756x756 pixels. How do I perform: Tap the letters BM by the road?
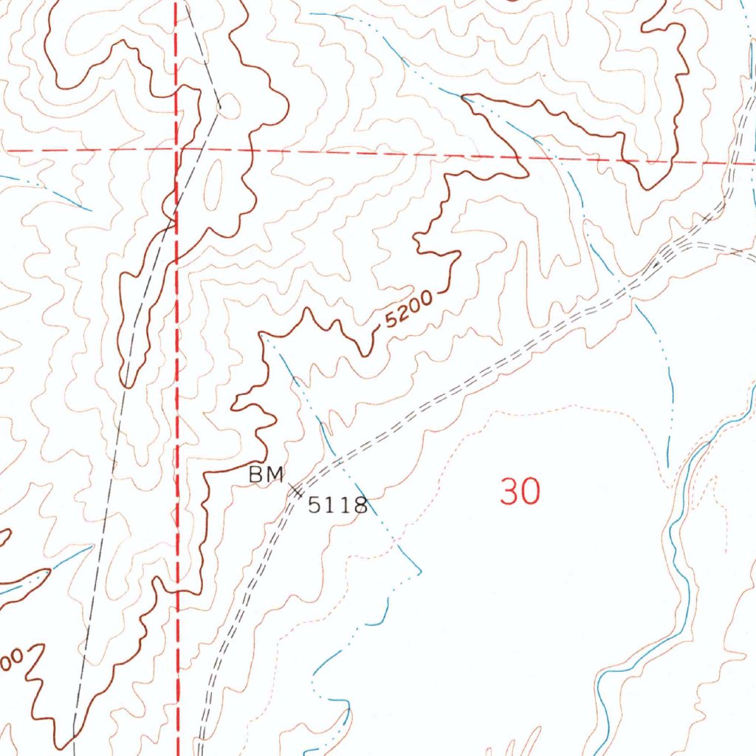[x=266, y=476]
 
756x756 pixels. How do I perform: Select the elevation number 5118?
[x=337, y=506]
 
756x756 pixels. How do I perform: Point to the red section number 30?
[x=520, y=492]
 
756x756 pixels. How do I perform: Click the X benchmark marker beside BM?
[x=296, y=490]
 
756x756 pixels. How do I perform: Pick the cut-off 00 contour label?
[x=13, y=659]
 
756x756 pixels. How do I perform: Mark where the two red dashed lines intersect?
[x=177, y=149]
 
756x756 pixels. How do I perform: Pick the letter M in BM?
[x=275, y=476]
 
